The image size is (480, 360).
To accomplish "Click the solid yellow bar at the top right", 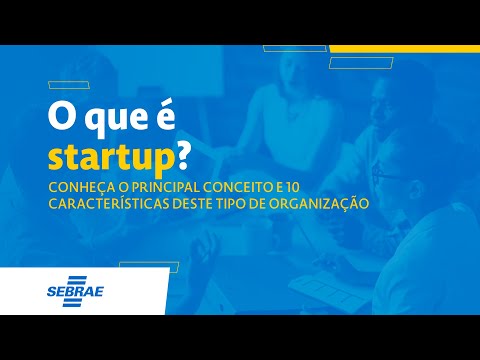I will click(404, 48).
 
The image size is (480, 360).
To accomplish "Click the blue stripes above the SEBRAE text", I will click(76, 280).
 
